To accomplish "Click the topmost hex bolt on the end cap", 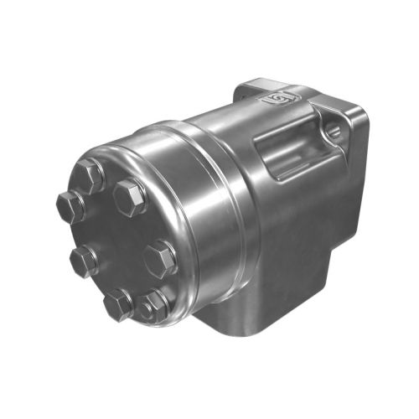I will [90, 175].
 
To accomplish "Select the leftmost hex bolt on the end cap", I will [70, 204].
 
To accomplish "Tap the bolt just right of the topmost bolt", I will [131, 196].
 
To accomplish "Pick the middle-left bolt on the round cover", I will [84, 261].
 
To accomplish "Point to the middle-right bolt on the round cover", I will [161, 257].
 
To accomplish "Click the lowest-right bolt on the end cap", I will [155, 308].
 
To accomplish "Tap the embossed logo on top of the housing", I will [275, 99].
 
